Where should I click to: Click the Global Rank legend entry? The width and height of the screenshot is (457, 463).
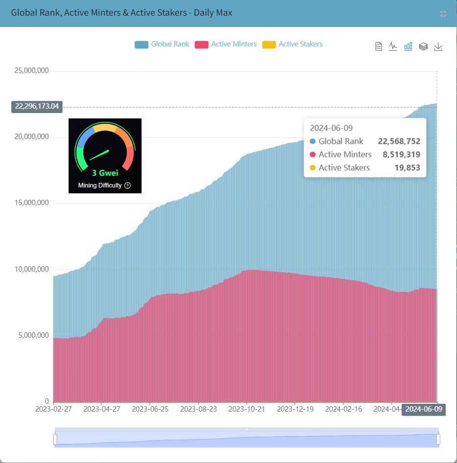162,45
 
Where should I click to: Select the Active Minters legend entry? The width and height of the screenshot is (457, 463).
226,45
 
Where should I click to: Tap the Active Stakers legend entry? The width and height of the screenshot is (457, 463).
293,45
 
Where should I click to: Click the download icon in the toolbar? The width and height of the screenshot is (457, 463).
438,46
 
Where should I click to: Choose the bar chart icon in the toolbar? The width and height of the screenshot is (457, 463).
408,46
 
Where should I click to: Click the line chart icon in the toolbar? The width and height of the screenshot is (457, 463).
393,46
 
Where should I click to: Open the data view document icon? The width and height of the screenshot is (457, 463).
378,46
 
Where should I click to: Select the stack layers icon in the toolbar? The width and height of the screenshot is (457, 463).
423,46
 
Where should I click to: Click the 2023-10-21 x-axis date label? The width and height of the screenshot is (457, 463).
246,409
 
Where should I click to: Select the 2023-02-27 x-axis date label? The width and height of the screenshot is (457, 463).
53,409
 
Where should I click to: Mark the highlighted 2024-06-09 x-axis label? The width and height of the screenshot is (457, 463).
423,409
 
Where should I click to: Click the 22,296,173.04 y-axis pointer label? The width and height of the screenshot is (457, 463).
37,107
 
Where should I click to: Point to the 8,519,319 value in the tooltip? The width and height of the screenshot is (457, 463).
401,155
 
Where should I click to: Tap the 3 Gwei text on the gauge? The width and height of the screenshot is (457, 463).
105,173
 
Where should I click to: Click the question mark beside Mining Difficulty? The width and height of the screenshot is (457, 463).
127,185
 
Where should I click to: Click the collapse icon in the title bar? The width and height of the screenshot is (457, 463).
443,13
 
